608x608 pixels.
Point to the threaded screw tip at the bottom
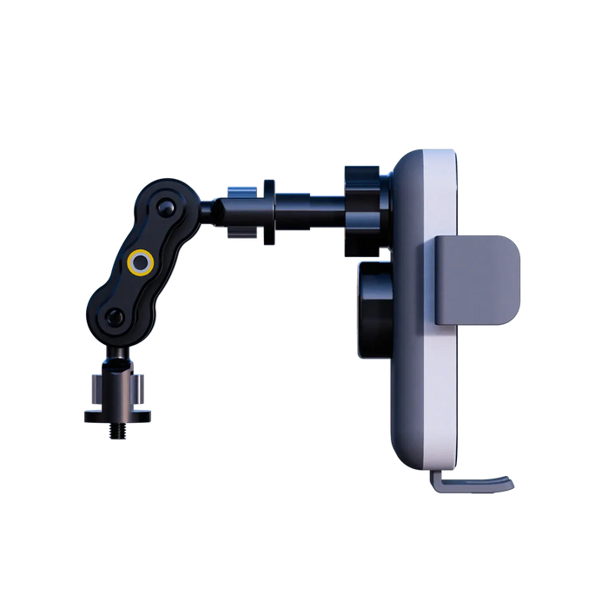pos(114,432)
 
